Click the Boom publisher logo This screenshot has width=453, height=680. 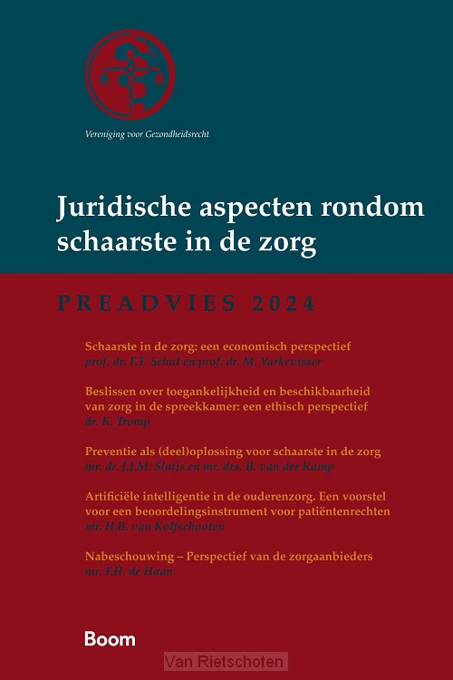click(110, 638)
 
